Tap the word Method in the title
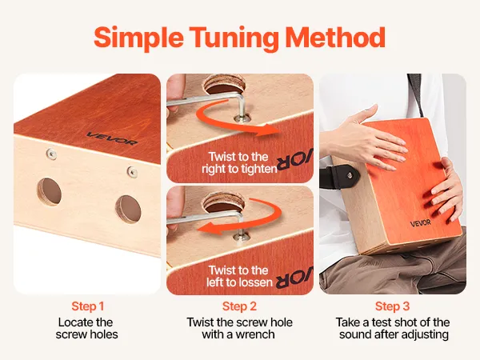coord(335,37)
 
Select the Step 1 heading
coord(88,306)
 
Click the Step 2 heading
coord(239,306)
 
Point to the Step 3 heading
coord(393,306)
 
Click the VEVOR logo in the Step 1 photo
coord(112,138)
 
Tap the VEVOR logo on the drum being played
coord(420,223)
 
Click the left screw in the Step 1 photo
coord(51,154)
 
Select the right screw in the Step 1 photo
coord(132,172)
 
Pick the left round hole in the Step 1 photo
coord(50,192)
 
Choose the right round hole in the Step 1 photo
coord(128,209)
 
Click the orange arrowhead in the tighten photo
coord(272,130)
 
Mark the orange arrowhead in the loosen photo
coord(209,228)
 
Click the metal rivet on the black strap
coord(350,175)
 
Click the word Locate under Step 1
coord(74,322)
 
